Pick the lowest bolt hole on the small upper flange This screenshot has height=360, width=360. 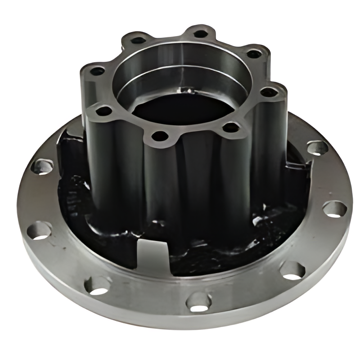[158, 135]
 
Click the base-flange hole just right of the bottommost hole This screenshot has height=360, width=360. [292, 270]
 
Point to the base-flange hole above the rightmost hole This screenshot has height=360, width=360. [318, 148]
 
